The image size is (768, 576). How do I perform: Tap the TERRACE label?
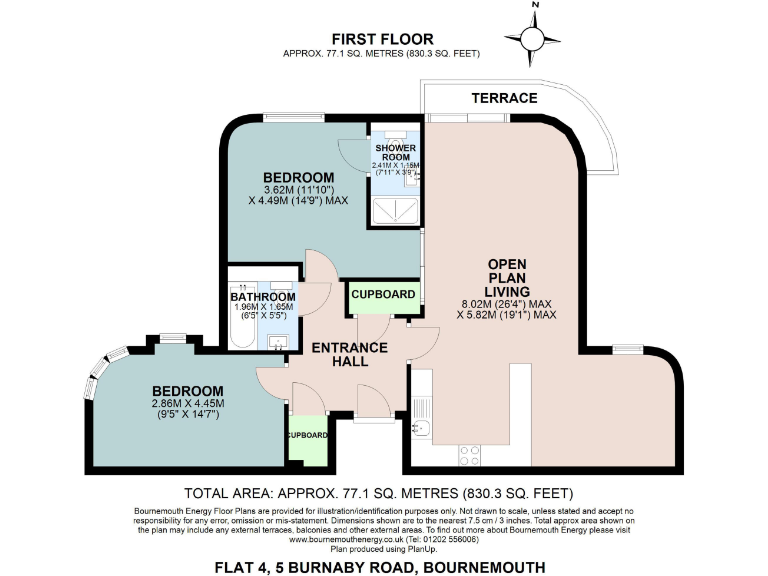pyautogui.click(x=505, y=98)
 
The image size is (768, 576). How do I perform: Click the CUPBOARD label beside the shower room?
pyautogui.click(x=383, y=294)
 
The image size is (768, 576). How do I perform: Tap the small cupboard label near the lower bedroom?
pyautogui.click(x=307, y=435)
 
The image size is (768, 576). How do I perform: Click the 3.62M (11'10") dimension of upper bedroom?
pyautogui.click(x=298, y=189)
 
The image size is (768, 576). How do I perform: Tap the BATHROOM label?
pyautogui.click(x=263, y=297)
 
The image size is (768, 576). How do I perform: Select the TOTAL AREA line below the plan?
pyautogui.click(x=381, y=493)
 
